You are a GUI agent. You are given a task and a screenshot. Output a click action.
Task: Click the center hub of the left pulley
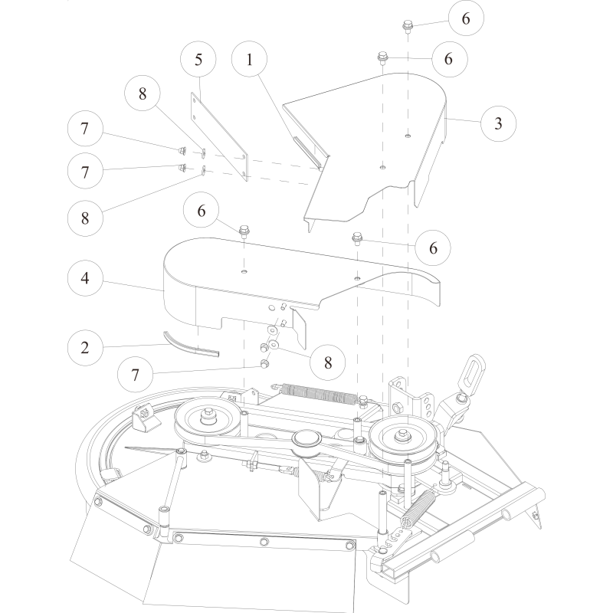click(208, 417)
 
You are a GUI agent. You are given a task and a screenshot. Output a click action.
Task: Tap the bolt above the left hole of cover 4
click(244, 230)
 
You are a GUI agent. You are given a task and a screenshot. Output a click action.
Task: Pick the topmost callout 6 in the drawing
click(466, 21)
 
